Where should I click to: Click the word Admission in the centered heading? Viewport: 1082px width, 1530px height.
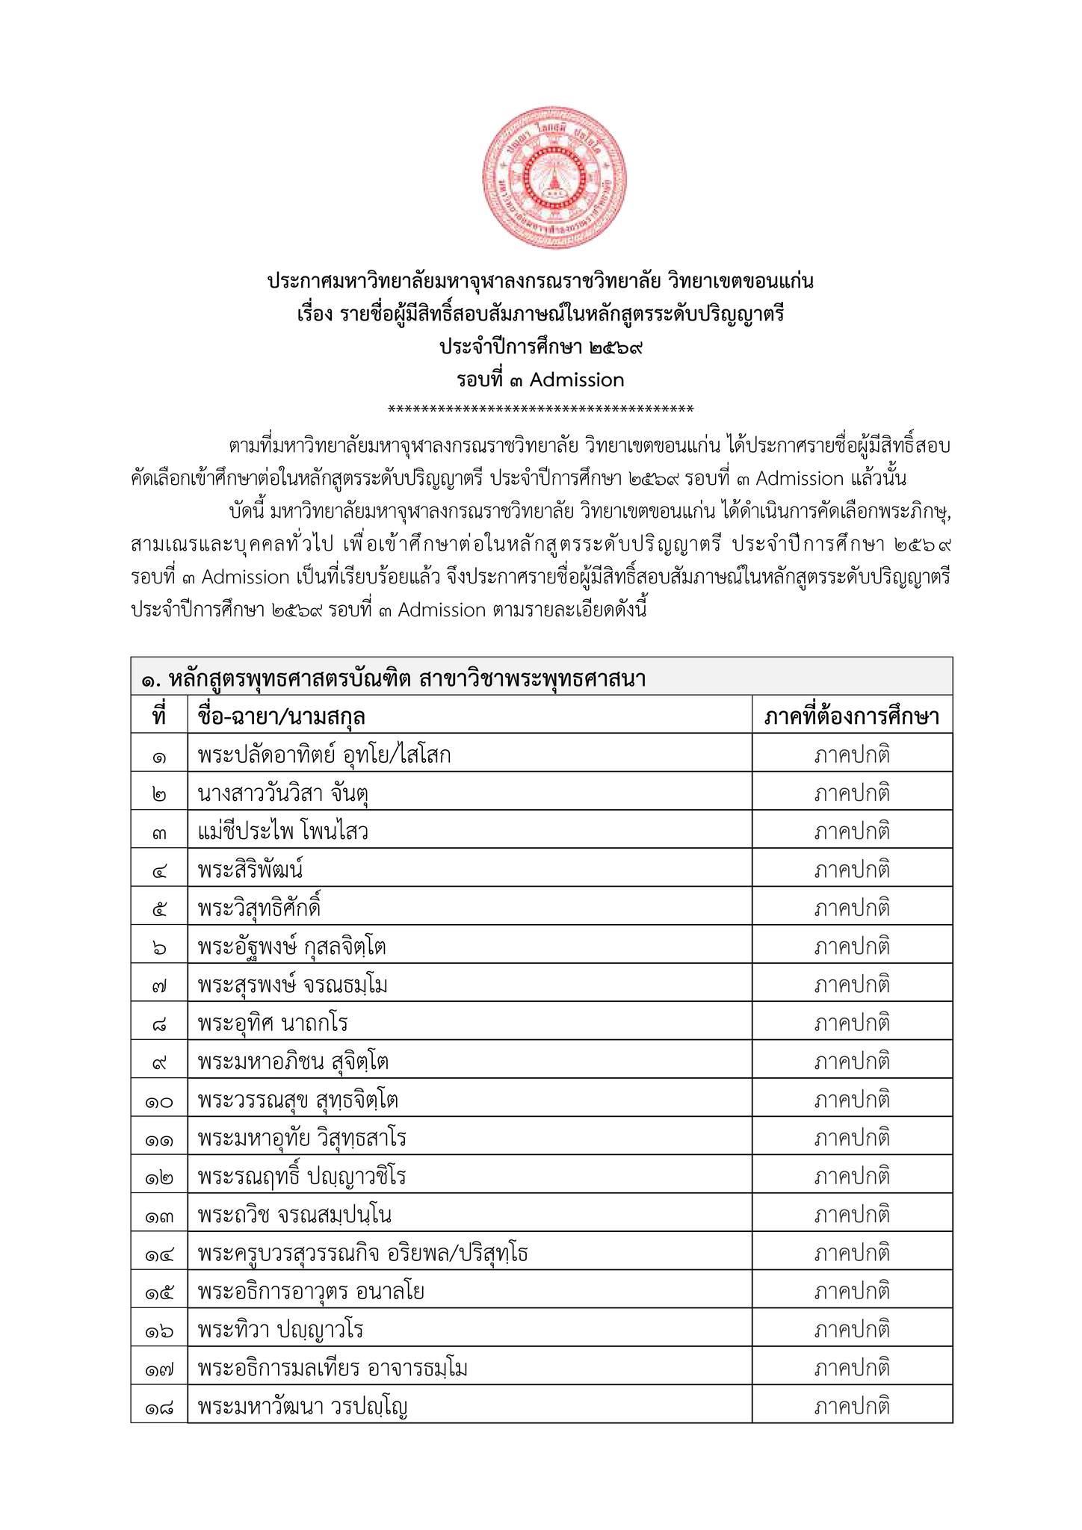[577, 380]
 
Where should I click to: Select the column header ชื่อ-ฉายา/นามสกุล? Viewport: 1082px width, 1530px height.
[281, 716]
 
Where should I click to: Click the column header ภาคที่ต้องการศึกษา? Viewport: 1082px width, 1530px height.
[852, 716]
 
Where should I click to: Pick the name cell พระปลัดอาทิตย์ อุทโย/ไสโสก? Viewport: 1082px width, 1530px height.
[324, 755]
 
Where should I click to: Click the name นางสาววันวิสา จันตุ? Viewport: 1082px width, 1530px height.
[284, 793]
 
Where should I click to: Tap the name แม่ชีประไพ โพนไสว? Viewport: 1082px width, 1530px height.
[283, 831]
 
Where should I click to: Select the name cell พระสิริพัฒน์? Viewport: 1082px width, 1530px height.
[250, 870]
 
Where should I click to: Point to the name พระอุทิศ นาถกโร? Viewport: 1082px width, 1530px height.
[273, 1023]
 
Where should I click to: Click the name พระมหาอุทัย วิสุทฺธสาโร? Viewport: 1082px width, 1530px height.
[302, 1138]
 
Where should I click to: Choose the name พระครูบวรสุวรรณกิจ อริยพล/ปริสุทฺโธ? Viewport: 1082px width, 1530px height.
[363, 1253]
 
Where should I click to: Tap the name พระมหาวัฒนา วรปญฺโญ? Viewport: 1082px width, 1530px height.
[303, 1407]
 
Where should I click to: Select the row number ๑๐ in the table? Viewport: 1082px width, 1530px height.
[159, 1100]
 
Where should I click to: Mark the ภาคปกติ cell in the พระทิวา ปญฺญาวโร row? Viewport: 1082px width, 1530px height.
[852, 1330]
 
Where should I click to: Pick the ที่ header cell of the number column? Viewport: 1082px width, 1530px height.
[159, 716]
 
